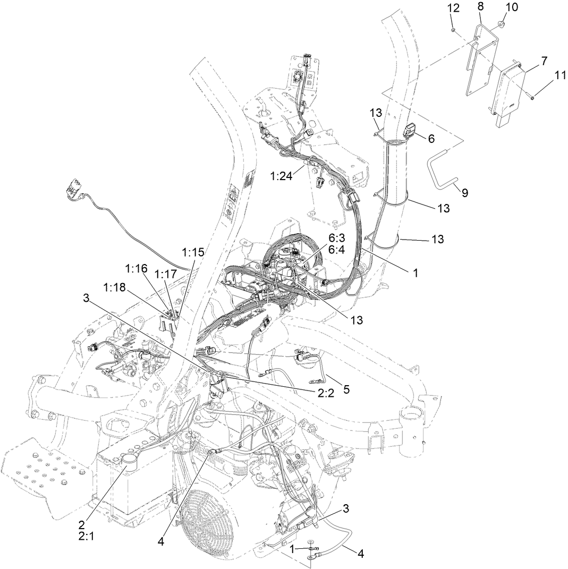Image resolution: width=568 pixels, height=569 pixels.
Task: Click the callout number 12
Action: [452, 8]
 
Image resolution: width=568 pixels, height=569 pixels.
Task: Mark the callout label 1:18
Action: [114, 287]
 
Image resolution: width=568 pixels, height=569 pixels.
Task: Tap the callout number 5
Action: [346, 389]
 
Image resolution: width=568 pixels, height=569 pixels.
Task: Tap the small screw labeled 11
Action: [531, 96]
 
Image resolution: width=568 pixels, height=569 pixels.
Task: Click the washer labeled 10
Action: [502, 24]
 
